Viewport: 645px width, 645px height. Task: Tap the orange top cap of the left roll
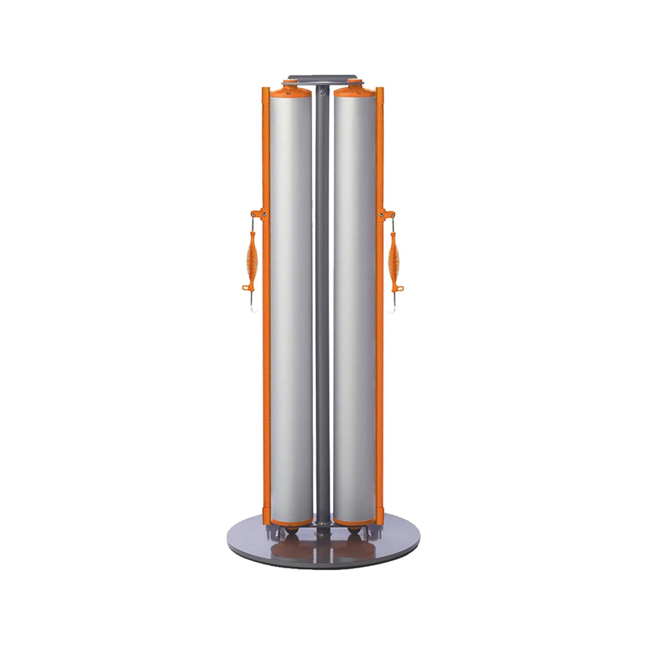(x=290, y=90)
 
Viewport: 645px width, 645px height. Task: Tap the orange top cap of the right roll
(x=355, y=90)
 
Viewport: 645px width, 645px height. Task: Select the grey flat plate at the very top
(x=322, y=79)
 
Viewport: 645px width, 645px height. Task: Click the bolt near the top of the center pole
(x=322, y=93)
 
